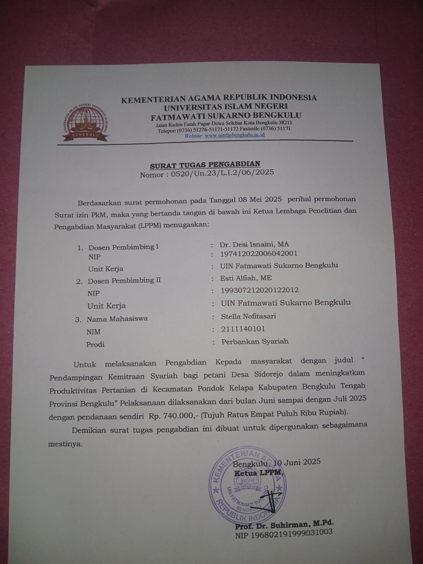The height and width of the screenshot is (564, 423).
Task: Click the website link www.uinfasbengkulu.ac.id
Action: [x=234, y=135]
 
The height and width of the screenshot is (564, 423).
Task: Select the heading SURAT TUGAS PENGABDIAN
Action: [x=205, y=164]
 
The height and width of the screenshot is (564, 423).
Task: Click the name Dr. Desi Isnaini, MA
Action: [x=254, y=244]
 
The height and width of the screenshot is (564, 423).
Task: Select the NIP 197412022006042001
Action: [x=258, y=253]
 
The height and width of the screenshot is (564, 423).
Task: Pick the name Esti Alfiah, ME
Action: [x=246, y=278]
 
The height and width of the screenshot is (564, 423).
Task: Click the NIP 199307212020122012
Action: [x=259, y=290]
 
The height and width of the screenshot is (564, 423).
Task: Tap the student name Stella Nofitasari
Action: [x=248, y=316]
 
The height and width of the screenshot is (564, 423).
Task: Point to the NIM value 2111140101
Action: [x=243, y=329]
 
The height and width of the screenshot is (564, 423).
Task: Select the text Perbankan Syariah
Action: [x=255, y=341]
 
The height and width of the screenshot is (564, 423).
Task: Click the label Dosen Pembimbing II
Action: [x=124, y=281]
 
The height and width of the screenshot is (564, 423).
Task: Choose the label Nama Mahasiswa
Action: [x=117, y=319]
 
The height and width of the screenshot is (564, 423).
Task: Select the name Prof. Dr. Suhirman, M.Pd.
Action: [x=284, y=525]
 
